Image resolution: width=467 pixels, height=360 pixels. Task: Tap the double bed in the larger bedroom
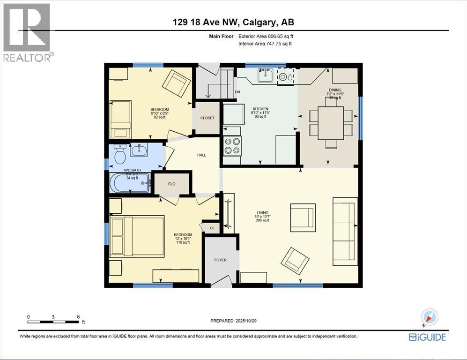coord(137,236)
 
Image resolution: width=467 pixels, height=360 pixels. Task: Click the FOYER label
coord(220,260)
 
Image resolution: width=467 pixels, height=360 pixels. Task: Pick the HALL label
coord(201,155)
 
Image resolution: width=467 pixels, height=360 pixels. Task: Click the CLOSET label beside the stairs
coord(207,118)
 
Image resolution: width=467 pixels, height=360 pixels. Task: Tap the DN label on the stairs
coord(237,92)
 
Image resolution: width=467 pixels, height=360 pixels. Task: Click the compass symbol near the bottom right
coord(429,317)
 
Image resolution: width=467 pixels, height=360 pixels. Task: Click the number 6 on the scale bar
coord(78,317)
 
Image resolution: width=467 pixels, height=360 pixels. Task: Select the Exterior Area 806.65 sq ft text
coord(266,36)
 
